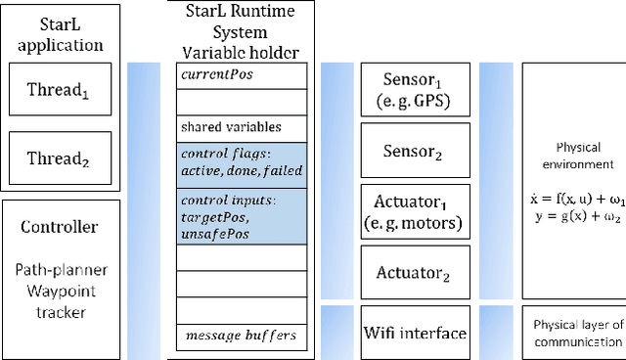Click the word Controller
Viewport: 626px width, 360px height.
point(60,227)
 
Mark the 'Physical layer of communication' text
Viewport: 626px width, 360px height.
point(575,333)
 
